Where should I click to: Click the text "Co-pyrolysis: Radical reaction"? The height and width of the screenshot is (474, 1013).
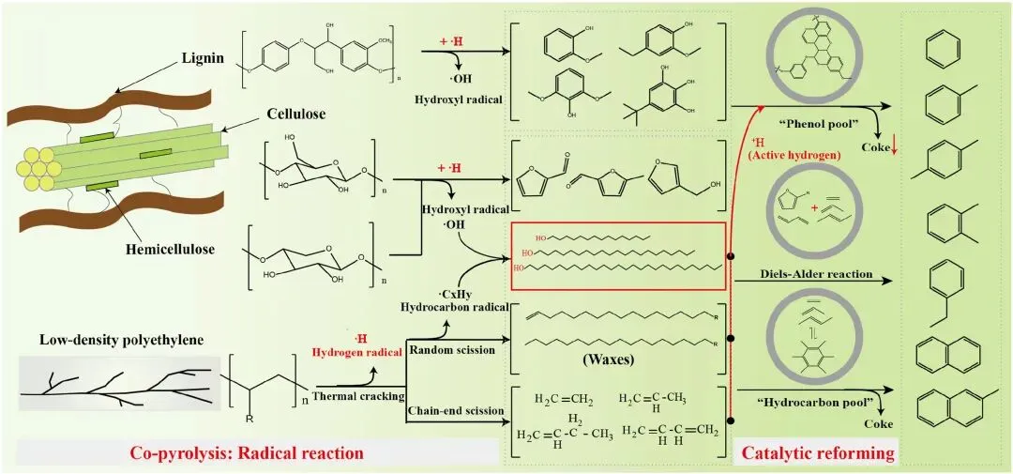pos(260,452)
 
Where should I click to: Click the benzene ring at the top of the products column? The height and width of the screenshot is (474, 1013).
pos(941,48)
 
